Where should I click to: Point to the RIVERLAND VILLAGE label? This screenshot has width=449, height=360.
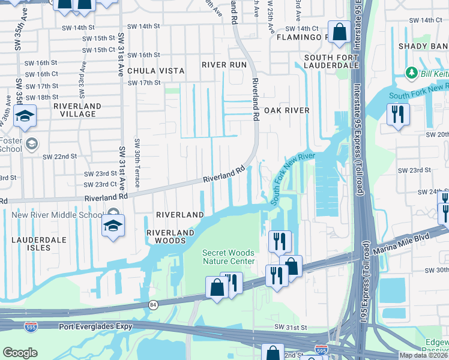coord(77,110)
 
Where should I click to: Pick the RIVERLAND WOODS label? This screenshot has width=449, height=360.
coord(170,236)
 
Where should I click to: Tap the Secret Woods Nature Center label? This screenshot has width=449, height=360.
coord(228,257)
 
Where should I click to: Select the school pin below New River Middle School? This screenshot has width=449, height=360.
coord(112,226)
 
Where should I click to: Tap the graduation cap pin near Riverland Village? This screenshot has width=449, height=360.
coord(25,116)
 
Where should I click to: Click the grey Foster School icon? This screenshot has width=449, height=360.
coord(32,144)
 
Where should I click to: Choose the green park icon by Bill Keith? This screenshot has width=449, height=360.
coord(411,73)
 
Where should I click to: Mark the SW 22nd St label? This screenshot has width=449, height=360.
coord(59,156)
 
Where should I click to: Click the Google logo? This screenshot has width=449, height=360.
coord(20,353)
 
